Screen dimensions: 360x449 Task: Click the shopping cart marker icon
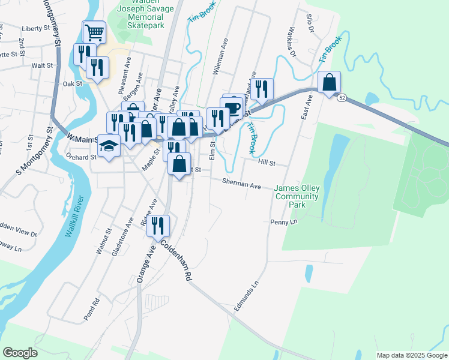[94, 31]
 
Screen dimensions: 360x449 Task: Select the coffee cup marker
[232, 109]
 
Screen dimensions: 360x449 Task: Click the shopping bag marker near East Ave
[330, 83]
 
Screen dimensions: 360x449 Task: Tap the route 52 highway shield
[342, 97]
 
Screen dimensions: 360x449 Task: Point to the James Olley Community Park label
[297, 196]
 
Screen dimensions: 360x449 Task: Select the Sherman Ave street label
[241, 184]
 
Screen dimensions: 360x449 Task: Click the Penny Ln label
[286, 221]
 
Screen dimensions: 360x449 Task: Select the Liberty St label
[35, 28]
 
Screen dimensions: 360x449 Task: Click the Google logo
[20, 353]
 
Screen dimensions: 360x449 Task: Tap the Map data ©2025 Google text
[412, 355]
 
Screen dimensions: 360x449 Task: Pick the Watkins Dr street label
[292, 43]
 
